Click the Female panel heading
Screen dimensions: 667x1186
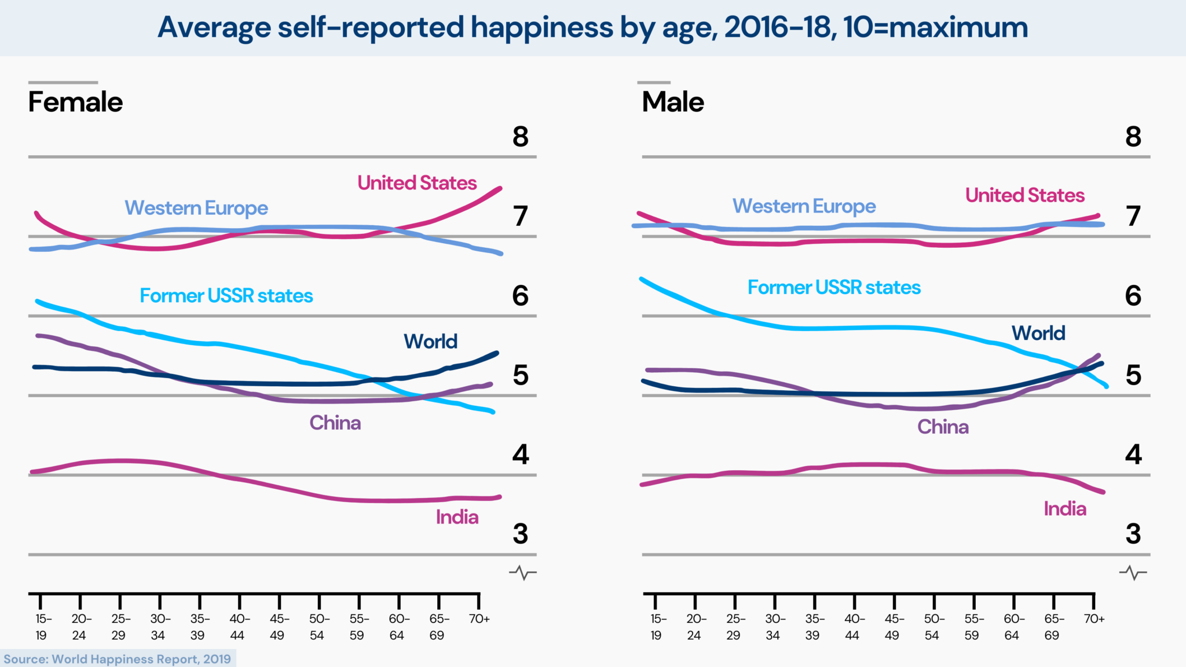[75, 102]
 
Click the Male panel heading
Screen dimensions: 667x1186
[673, 102]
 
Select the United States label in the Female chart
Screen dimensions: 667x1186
[417, 183]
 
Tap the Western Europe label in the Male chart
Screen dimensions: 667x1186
[804, 206]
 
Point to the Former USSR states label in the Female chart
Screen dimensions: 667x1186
[226, 296]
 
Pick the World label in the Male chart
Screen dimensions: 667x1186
[1038, 333]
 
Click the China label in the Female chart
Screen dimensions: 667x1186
[335, 423]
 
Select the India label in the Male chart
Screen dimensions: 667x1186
[1065, 509]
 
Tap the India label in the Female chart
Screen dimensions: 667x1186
[457, 517]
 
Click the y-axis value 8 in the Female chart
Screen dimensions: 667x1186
[520, 137]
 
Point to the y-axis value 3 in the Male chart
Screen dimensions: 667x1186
[1133, 534]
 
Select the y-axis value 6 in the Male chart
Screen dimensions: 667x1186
[1133, 296]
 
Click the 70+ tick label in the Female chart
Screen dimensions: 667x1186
[479, 619]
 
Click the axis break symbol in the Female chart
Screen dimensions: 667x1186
[522, 573]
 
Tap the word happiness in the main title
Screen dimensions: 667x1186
[541, 27]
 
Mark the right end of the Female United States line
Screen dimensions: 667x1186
[500, 188]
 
